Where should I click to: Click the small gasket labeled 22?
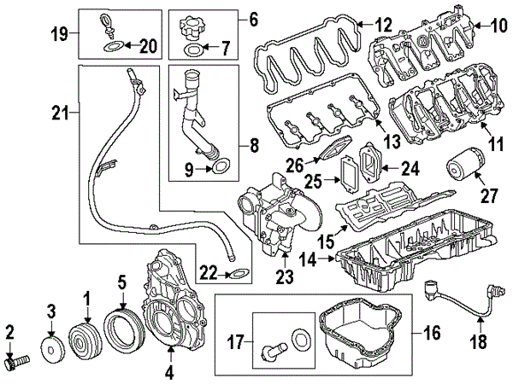(237, 275)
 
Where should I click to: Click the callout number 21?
(58, 112)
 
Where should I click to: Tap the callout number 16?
(431, 332)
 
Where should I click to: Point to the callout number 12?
(382, 25)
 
